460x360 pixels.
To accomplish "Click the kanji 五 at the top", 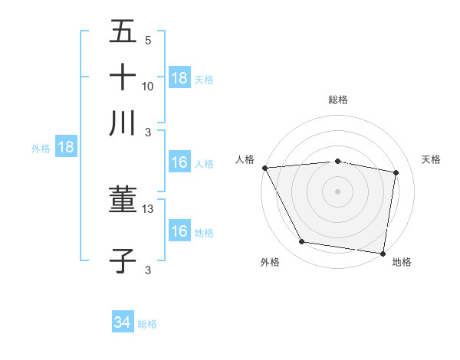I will (123, 31).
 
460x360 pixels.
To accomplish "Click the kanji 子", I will (123, 261).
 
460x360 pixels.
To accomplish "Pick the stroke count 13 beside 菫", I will (148, 209).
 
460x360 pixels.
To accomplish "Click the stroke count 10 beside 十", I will (148, 86).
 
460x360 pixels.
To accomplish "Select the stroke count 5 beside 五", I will (148, 40).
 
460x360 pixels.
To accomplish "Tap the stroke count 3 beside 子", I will (148, 270).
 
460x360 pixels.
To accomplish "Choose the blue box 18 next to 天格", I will (179, 77).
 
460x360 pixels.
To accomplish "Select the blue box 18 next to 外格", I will (66, 147).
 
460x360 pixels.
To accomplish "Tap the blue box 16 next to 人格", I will (179, 162).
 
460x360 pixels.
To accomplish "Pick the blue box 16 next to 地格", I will (179, 231).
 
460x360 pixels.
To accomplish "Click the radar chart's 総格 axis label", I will (338, 100).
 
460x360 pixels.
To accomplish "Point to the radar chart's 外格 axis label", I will (270, 262).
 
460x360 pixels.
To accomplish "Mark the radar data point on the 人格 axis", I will (264, 168).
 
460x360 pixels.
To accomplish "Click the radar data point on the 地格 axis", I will (383, 253).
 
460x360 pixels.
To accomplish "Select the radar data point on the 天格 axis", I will (396, 172).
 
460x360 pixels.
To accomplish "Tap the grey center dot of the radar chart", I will (337, 191).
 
